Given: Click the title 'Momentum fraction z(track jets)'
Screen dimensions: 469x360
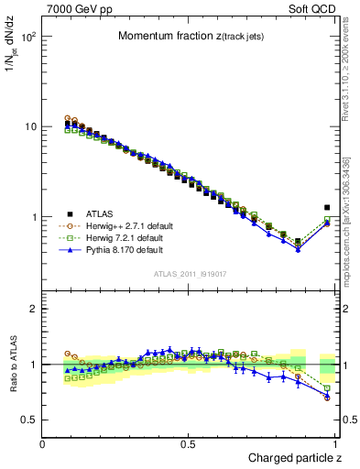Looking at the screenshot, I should point(192,37).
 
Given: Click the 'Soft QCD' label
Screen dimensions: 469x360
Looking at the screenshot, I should point(315,7).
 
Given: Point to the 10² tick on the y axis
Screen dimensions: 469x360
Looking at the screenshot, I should point(27,38).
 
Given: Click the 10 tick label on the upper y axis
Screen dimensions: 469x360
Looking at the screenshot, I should point(29,127).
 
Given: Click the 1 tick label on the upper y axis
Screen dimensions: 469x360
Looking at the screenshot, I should point(33,217).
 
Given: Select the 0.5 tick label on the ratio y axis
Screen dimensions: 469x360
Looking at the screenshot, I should point(27,420).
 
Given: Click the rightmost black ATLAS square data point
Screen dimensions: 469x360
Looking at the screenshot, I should point(327,208).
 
